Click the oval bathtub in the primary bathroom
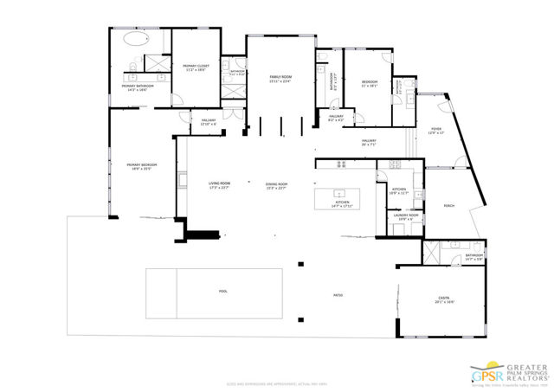pos(137,39)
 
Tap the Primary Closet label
pos(196,67)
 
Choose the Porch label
pos(449,206)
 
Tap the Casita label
pos(442,299)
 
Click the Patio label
pos(338,295)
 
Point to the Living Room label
pos(219,183)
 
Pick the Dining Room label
pos(276,183)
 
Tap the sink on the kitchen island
pos(340,193)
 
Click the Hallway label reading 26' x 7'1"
pos(369,141)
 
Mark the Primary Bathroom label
pos(138,87)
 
